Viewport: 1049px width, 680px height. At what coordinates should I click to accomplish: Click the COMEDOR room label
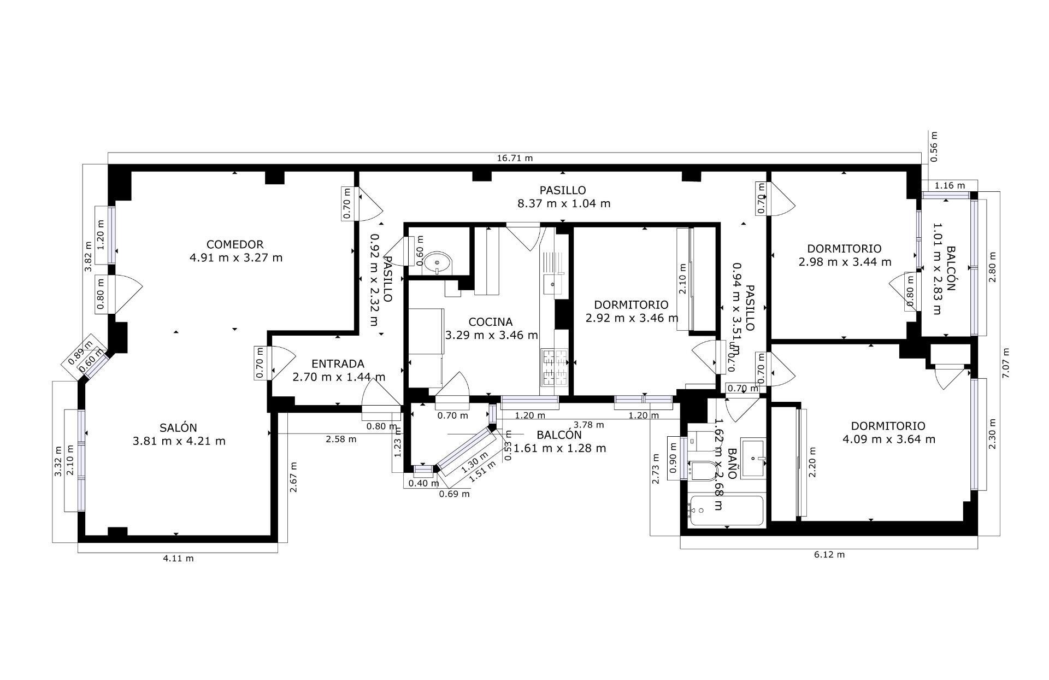pyautogui.click(x=235, y=244)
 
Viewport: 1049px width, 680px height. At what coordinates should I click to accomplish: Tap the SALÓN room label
pyautogui.click(x=178, y=427)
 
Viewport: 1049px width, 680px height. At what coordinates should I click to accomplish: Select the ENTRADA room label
pyautogui.click(x=338, y=364)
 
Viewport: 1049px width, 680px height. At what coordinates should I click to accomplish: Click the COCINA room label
pyautogui.click(x=491, y=322)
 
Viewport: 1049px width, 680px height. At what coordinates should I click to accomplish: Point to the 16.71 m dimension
pyautogui.click(x=515, y=159)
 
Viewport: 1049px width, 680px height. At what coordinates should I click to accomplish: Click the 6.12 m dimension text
pyautogui.click(x=829, y=554)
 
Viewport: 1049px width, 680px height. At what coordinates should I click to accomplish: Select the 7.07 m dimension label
pyautogui.click(x=1006, y=363)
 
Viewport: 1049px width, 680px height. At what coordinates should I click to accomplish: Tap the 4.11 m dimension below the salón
pyautogui.click(x=178, y=558)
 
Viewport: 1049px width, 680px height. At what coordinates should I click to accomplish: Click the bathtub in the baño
pyautogui.click(x=726, y=511)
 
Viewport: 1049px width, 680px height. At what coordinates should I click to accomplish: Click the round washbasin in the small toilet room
pyautogui.click(x=438, y=262)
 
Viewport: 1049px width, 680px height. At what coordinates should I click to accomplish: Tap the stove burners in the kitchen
pyautogui.click(x=555, y=367)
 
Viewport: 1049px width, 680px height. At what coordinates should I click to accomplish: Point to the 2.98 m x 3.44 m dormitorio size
pyautogui.click(x=845, y=262)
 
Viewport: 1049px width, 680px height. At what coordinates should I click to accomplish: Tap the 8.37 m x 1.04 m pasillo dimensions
pyautogui.click(x=563, y=203)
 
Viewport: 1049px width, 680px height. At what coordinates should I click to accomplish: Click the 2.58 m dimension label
pyautogui.click(x=341, y=439)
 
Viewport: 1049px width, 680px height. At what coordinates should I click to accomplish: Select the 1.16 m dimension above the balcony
pyautogui.click(x=949, y=186)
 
